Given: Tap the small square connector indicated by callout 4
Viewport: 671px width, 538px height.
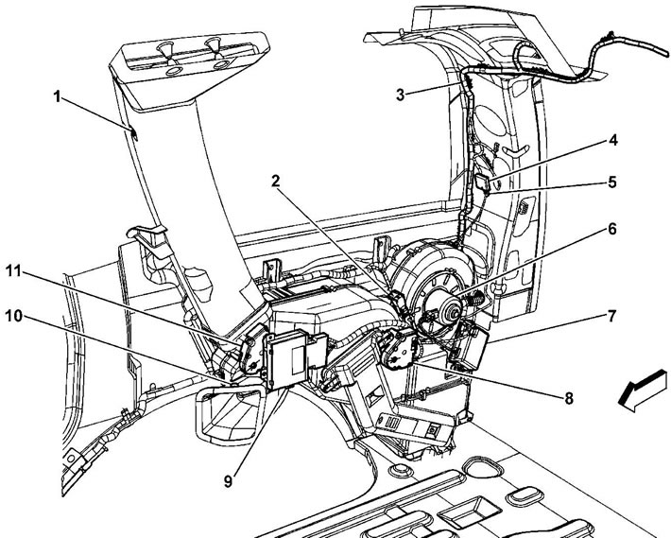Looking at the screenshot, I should (482, 180).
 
